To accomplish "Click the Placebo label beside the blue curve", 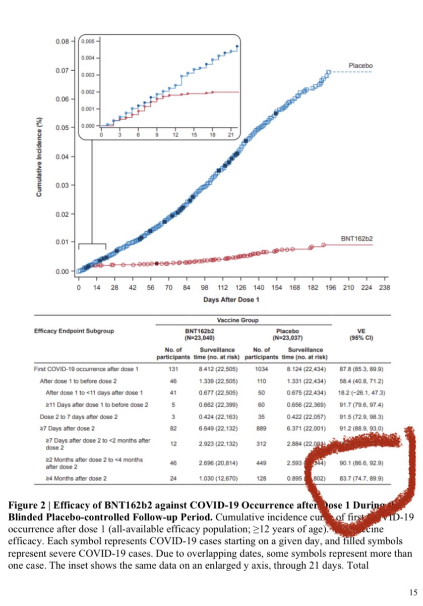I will click(x=360, y=66).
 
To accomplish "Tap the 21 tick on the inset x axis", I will click(x=231, y=135).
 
